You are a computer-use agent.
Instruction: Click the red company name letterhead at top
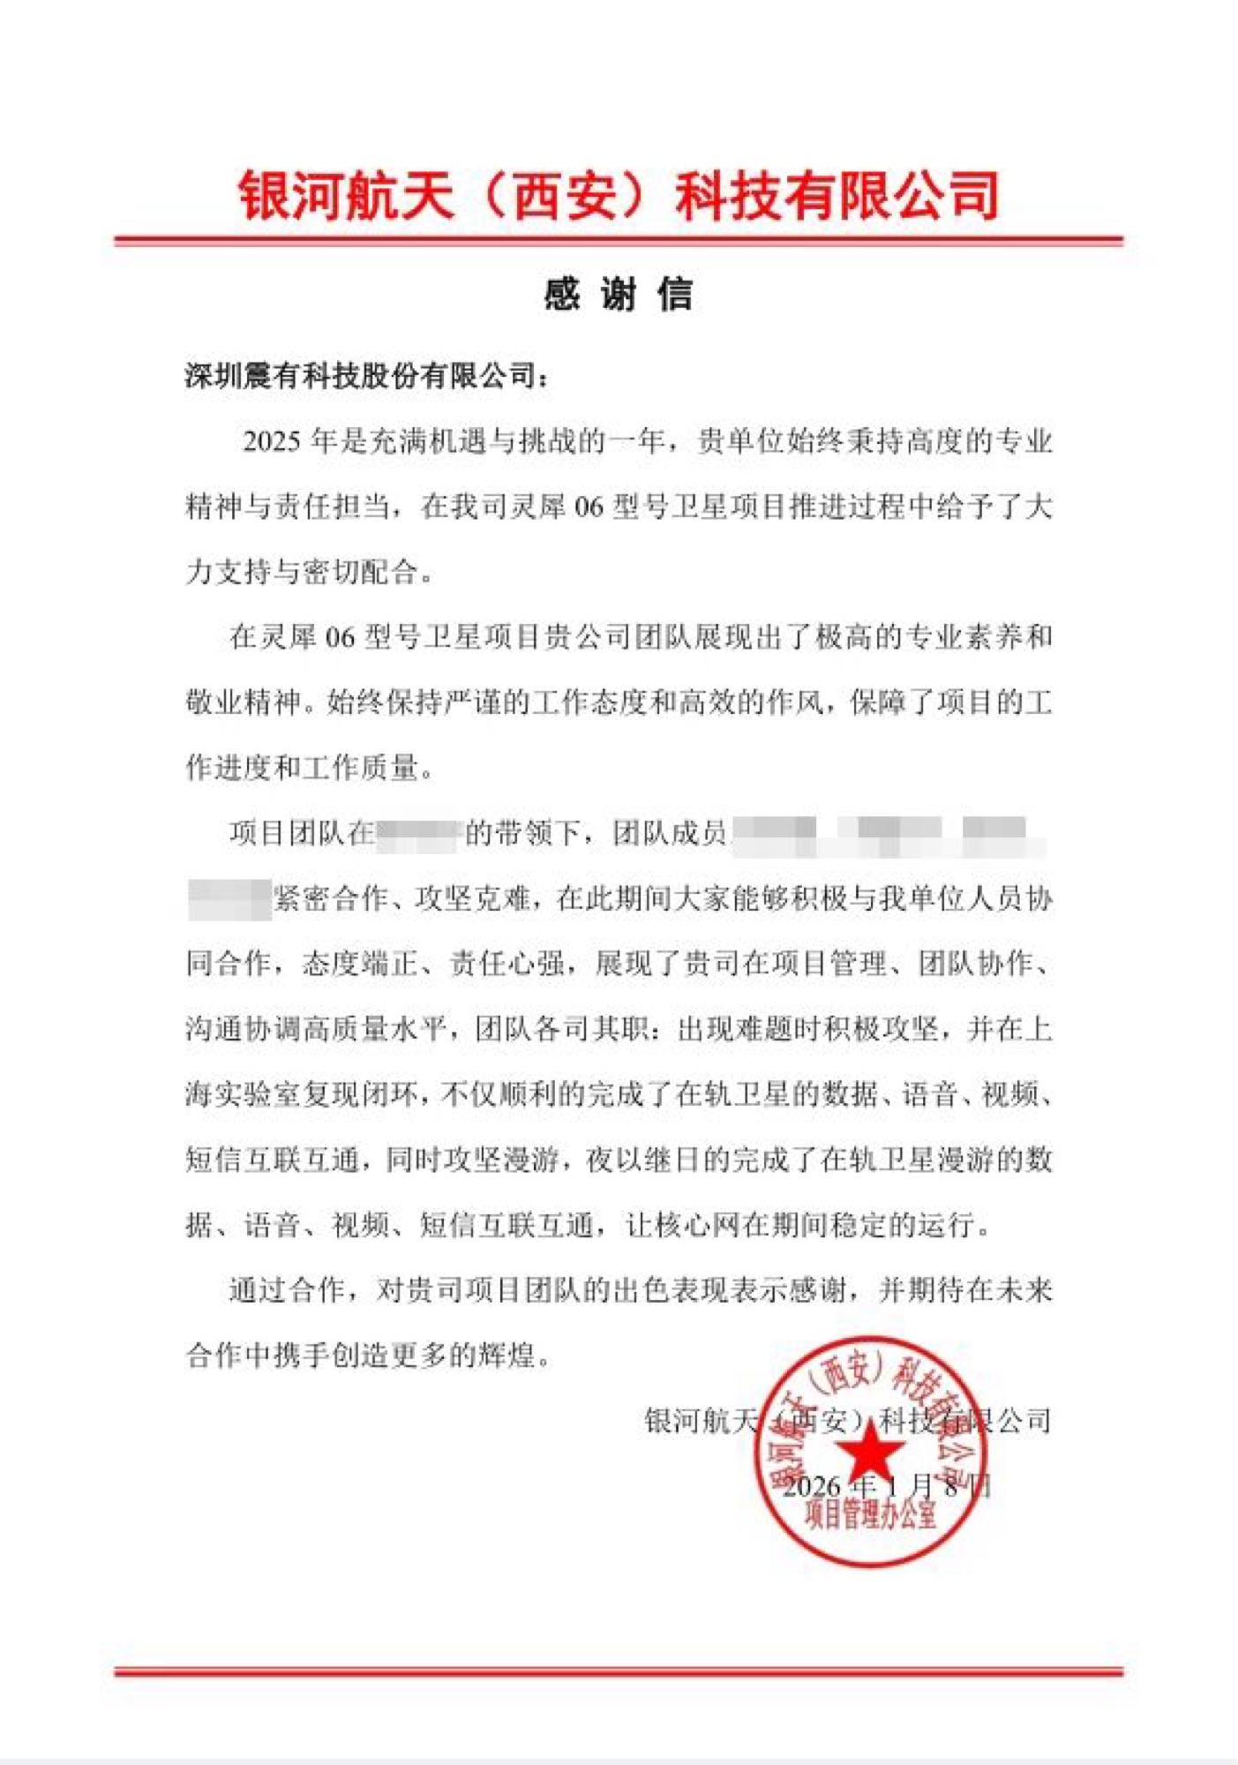[x=619, y=195]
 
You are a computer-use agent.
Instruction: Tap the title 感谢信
[x=618, y=294]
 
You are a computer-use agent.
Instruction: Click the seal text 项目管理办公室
[x=870, y=1515]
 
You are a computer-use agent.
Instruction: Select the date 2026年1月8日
[x=887, y=1486]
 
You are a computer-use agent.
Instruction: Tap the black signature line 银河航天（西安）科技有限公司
[x=847, y=1421]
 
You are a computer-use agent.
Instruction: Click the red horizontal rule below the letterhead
[x=619, y=240]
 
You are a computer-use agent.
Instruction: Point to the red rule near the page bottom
[x=619, y=1671]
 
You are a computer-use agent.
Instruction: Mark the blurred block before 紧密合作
[x=229, y=899]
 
